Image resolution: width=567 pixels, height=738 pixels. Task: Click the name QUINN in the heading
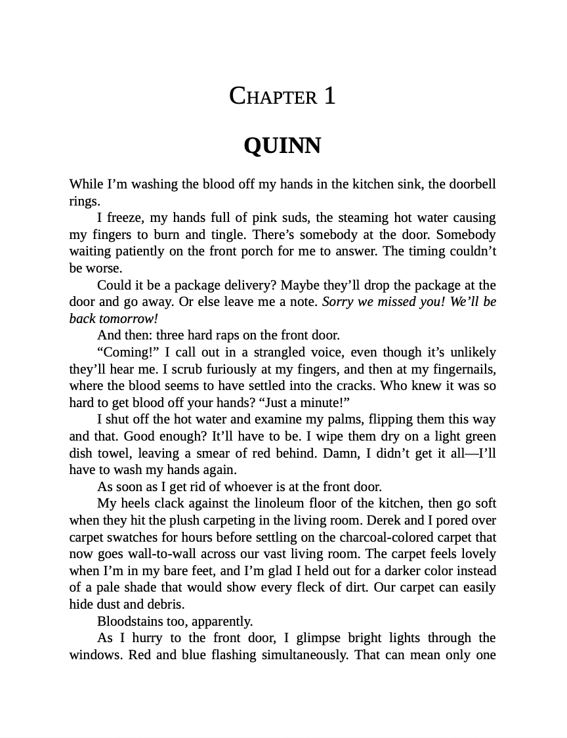coord(282,146)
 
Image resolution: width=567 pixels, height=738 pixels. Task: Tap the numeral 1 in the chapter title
coord(329,97)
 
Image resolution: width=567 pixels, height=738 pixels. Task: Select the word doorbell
coord(472,184)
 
